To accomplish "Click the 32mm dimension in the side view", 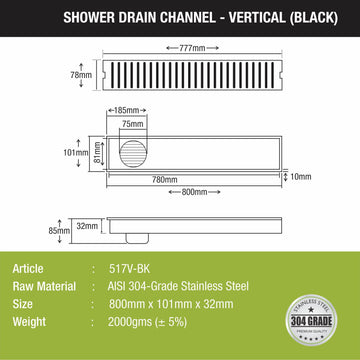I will [88, 227].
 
